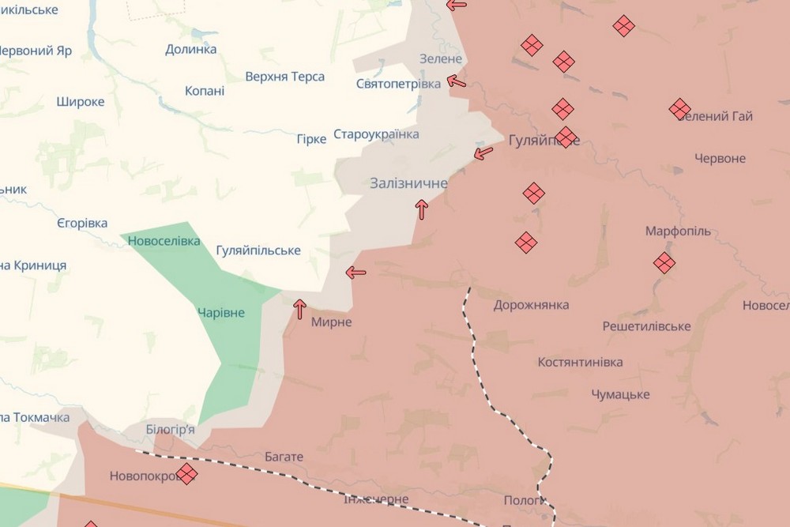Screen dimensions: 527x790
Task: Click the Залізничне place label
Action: coord(408,183)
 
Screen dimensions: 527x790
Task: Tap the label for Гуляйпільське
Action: coord(258,250)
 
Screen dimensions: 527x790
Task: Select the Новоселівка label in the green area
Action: coord(164,240)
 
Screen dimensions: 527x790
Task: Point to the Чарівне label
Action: coord(221,313)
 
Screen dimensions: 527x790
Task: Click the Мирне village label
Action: coord(331,322)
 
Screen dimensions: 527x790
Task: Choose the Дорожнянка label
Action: coord(531,305)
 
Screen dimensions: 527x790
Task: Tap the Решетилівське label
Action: coord(646,326)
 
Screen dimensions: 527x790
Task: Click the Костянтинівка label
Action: coord(580,363)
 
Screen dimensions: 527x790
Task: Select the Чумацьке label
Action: coord(620,394)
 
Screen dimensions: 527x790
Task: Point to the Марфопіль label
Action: coord(678,232)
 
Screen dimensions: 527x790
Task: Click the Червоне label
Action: coord(720,159)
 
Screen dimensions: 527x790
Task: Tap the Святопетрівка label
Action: coord(399,84)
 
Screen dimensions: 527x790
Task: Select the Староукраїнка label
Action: coord(376,134)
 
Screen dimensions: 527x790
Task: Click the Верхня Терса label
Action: coord(284,77)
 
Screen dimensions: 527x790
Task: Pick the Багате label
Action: coord(284,457)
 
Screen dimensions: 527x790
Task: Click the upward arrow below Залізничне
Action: coord(422,209)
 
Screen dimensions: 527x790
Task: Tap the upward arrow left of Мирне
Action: coord(299,309)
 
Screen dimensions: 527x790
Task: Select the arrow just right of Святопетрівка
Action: coord(457,81)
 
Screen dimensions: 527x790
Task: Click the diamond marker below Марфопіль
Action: coord(664,262)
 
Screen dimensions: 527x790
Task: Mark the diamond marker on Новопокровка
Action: coord(187,474)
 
